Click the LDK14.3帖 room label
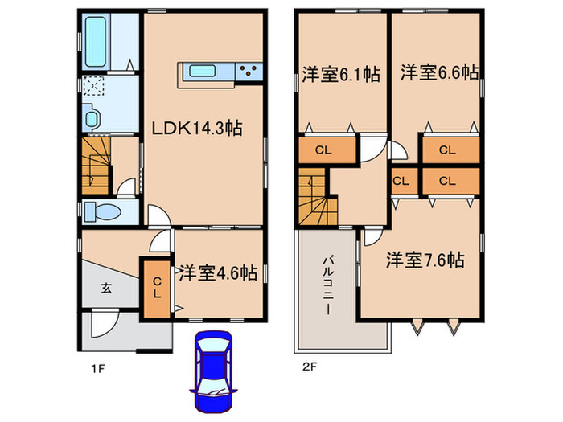[x=198, y=127]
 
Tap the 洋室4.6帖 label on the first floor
[x=218, y=273]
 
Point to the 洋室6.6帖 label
[x=439, y=72]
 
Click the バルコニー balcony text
[x=328, y=285]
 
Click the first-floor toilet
[x=102, y=212]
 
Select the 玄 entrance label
[x=106, y=288]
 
